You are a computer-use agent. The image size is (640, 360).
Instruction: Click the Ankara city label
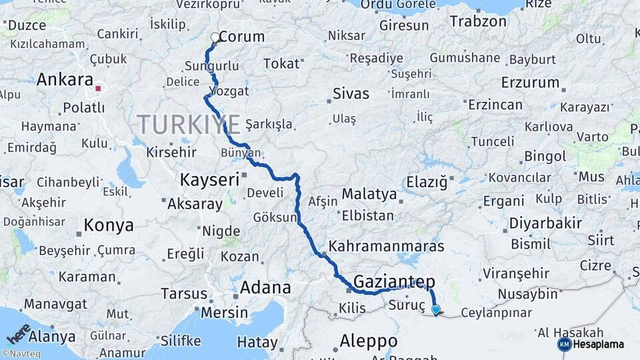click(65, 80)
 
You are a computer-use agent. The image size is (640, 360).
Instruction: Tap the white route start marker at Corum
click(215, 38)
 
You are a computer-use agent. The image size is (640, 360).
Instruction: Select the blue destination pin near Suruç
click(435, 309)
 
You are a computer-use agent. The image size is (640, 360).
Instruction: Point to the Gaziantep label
click(394, 281)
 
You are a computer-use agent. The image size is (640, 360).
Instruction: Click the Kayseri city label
click(209, 179)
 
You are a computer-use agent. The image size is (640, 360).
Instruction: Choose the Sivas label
click(351, 92)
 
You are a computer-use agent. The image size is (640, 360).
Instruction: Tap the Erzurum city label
click(531, 83)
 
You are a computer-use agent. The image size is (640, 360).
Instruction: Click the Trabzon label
click(478, 21)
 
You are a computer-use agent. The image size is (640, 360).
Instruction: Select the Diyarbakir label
click(545, 223)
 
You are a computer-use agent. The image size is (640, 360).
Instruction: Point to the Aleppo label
click(368, 341)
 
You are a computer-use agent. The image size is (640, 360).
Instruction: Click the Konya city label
click(109, 226)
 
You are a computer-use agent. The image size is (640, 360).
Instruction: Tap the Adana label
click(265, 288)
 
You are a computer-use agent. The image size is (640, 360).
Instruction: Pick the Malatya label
click(369, 195)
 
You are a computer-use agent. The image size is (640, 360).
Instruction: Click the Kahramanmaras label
click(386, 246)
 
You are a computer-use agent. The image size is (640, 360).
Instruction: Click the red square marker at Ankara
click(99, 87)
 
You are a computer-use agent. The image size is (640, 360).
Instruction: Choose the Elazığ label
click(426, 181)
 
